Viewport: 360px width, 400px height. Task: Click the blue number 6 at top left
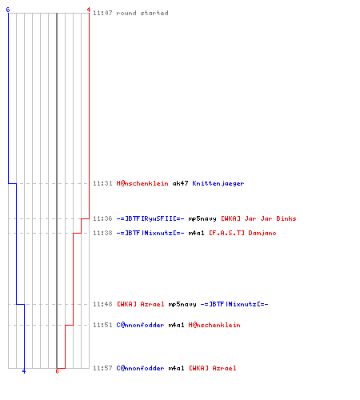coord(8,10)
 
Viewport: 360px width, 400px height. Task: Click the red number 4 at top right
coord(89,10)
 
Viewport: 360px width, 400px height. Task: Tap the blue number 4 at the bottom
coord(24,371)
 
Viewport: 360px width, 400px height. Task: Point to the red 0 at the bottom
coord(57,371)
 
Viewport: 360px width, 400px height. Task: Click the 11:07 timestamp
coord(102,13)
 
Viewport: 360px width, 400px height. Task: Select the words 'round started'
coord(142,13)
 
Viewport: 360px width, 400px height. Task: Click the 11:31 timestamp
coord(102,183)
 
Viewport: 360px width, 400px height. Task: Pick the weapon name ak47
coord(181,183)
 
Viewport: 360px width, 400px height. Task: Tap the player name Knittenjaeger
coord(218,183)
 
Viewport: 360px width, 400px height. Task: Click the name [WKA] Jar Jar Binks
coord(258,218)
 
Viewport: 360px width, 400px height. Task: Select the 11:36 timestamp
coord(102,218)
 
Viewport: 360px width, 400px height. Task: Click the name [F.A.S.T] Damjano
coord(242,233)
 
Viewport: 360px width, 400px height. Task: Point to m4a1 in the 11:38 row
coord(196,233)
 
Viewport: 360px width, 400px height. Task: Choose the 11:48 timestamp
coord(102,304)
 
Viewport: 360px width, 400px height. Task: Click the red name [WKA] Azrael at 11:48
coord(141,304)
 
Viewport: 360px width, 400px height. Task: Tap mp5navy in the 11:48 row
coord(182,304)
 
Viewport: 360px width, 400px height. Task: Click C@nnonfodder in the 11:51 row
coord(140,325)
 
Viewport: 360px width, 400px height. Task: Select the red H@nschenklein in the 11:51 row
coord(214,325)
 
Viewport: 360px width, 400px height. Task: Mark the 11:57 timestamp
coord(102,368)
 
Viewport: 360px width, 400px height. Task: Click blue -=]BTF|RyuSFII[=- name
coord(150,218)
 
